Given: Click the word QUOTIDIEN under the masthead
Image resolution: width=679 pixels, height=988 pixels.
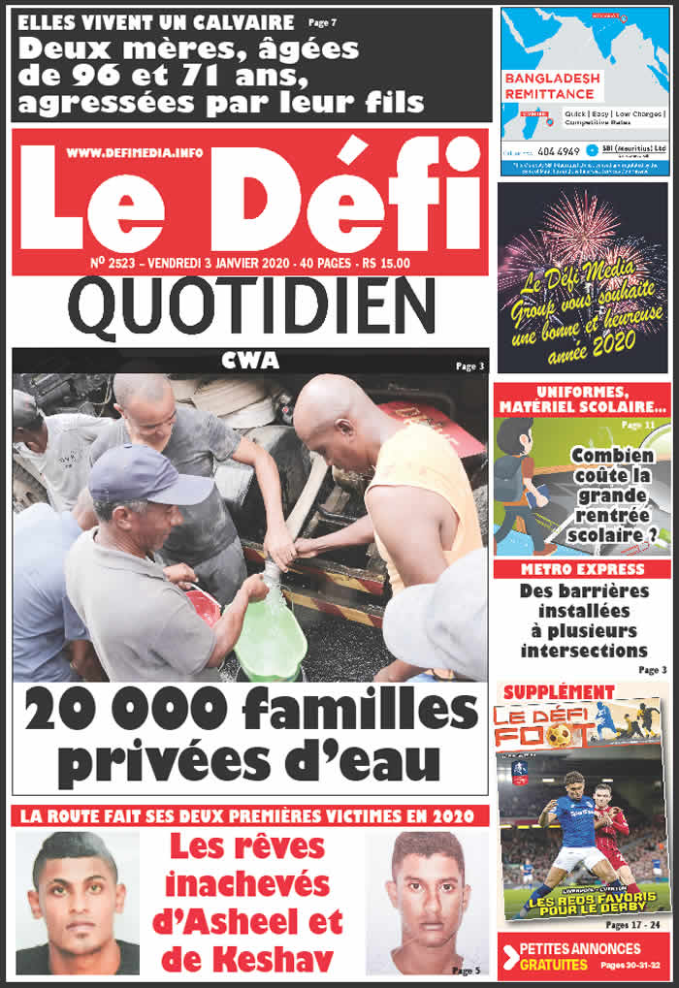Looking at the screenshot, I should point(250,306).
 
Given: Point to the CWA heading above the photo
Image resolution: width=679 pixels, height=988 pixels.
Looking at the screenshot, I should point(249,361).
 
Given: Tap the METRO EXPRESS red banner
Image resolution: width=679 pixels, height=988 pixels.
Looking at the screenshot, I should point(582,569).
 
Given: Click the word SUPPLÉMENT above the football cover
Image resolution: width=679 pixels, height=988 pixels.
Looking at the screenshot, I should point(559,691).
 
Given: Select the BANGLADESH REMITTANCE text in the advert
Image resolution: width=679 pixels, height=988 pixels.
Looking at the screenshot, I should point(549,85).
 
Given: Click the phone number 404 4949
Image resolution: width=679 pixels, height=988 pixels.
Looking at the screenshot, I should point(556,151).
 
